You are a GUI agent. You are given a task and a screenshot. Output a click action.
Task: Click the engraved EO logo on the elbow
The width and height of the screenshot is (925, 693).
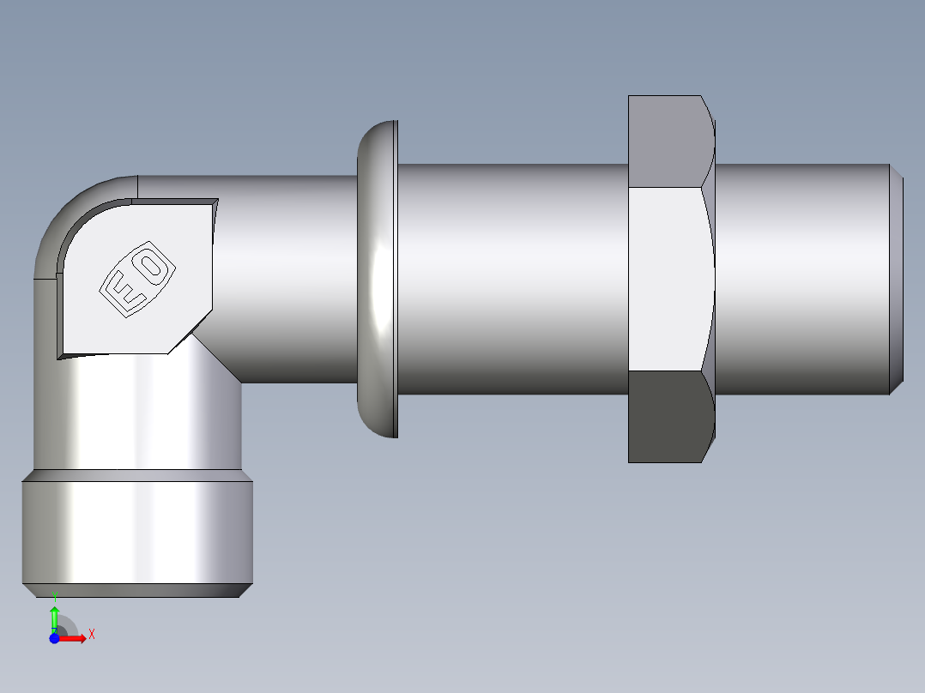pyautogui.click(x=138, y=279)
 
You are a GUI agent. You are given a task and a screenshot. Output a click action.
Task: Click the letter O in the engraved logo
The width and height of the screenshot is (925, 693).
pyautogui.click(x=153, y=266)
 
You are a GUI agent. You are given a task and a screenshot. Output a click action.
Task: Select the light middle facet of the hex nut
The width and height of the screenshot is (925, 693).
pyautogui.click(x=668, y=279)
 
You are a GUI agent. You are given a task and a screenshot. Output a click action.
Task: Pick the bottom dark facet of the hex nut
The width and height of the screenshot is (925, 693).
pyautogui.click(x=668, y=416)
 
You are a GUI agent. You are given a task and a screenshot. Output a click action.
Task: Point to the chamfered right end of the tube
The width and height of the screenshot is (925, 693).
pyautogui.click(x=896, y=279)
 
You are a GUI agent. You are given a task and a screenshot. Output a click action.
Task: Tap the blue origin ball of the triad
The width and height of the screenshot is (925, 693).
pyautogui.click(x=54, y=638)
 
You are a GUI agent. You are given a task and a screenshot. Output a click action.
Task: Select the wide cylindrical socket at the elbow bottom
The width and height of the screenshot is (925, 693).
pyautogui.click(x=137, y=532)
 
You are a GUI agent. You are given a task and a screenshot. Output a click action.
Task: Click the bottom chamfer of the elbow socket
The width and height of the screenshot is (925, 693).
pyautogui.click(x=137, y=590)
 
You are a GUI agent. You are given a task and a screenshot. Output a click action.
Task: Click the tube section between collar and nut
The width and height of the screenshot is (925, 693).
pyautogui.click(x=511, y=279)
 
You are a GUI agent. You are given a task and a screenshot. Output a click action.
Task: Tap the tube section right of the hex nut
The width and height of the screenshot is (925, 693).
pyautogui.click(x=798, y=279)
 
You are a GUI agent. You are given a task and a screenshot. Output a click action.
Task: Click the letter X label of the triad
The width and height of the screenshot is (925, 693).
pyautogui.click(x=91, y=634)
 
